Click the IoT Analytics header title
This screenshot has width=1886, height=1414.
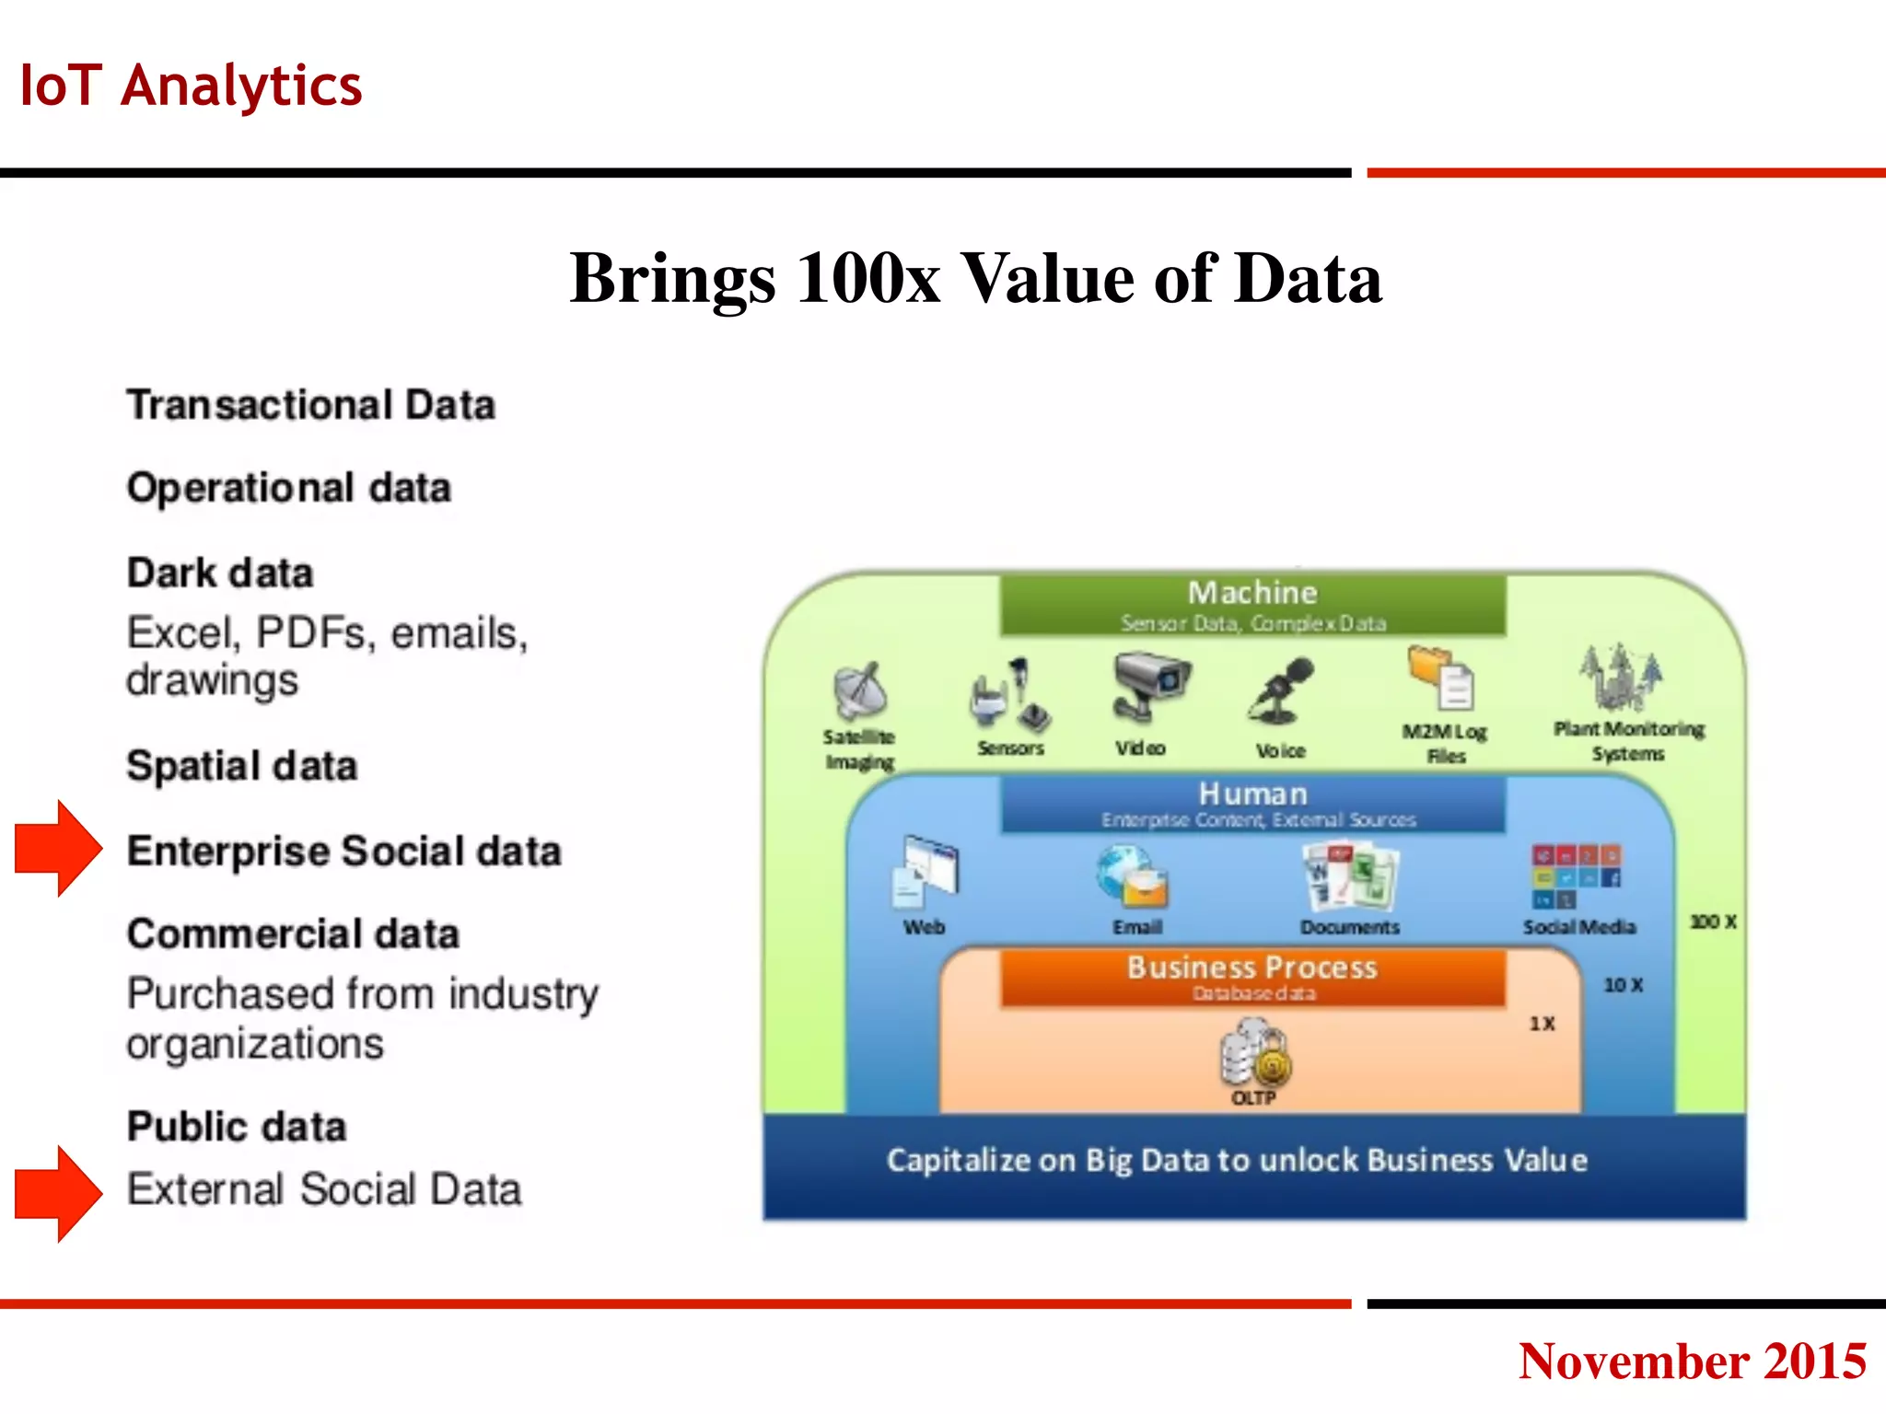tap(191, 86)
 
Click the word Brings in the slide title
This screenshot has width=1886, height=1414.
tap(672, 279)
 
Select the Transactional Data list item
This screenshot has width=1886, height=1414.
tap(311, 405)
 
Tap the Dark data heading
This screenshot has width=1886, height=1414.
tap(220, 573)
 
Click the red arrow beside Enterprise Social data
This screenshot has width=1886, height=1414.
tap(58, 848)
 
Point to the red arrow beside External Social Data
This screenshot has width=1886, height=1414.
tap(58, 1193)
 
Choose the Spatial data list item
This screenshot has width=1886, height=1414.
tap(242, 766)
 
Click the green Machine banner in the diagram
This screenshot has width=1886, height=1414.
tap(1252, 604)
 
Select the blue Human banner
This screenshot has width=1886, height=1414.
tap(1252, 804)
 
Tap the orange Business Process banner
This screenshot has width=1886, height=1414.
tap(1252, 977)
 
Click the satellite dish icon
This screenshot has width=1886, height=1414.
tap(859, 690)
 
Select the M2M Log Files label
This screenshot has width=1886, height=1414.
tap(1445, 743)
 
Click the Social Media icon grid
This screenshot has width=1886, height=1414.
tap(1576, 876)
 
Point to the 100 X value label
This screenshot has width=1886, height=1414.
tap(1713, 921)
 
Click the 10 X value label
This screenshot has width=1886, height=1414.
tap(1624, 985)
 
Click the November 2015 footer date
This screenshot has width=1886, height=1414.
tap(1692, 1361)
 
